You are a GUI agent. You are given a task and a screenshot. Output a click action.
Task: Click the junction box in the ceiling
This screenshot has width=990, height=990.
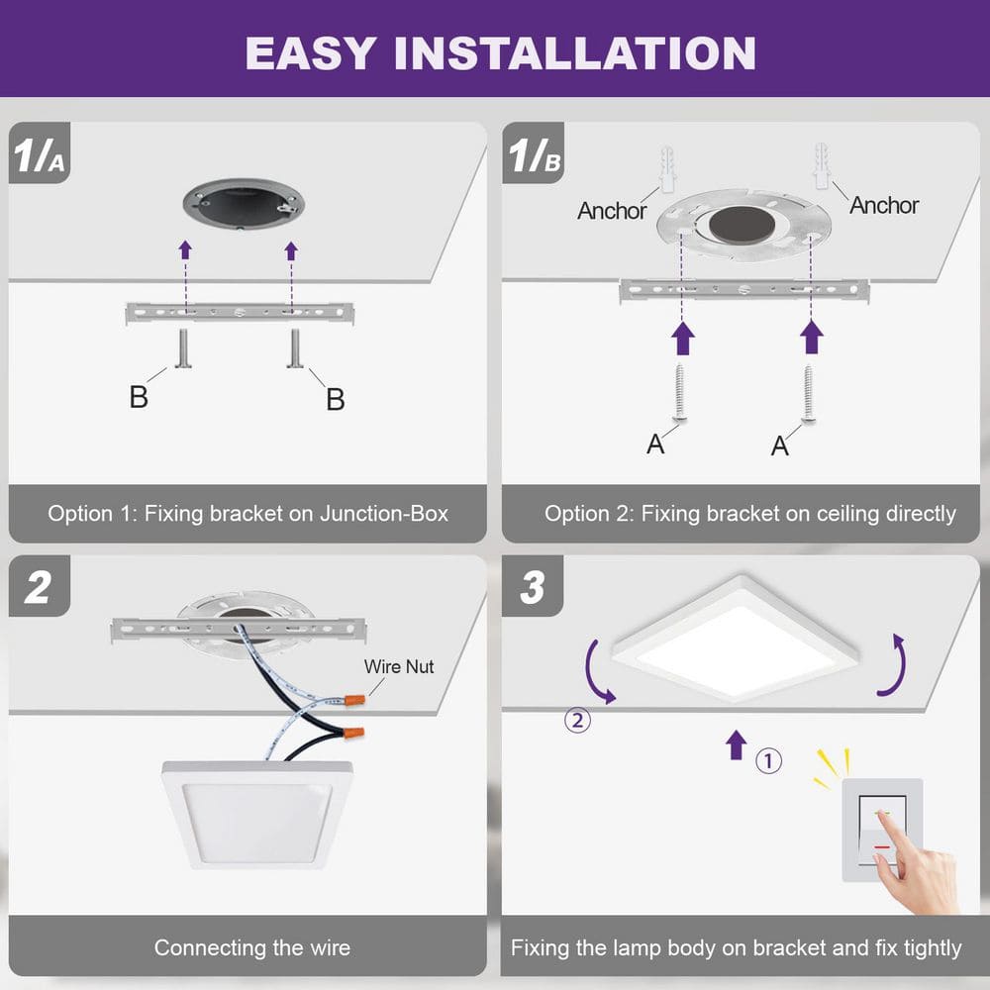tap(243, 205)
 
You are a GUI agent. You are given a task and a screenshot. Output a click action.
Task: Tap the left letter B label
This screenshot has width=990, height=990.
tap(139, 397)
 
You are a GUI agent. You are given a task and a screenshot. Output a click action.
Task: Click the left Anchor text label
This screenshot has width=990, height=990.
tap(612, 211)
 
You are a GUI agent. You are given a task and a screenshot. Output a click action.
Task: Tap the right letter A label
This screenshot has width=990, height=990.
tap(780, 446)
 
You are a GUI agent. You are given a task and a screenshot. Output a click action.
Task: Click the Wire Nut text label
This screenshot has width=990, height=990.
tap(399, 666)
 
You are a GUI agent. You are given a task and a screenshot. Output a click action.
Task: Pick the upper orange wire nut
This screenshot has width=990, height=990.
tap(352, 699)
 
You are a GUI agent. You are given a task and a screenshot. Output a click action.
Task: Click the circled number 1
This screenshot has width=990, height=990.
tap(769, 761)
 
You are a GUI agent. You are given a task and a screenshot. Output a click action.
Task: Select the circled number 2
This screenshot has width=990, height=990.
tap(578, 720)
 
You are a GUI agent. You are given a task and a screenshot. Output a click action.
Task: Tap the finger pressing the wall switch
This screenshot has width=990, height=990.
tap(896, 835)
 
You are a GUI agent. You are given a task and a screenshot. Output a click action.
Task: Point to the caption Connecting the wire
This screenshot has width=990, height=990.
tap(251, 947)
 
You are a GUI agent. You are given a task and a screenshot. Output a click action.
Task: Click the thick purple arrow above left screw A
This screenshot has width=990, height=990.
tap(682, 340)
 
